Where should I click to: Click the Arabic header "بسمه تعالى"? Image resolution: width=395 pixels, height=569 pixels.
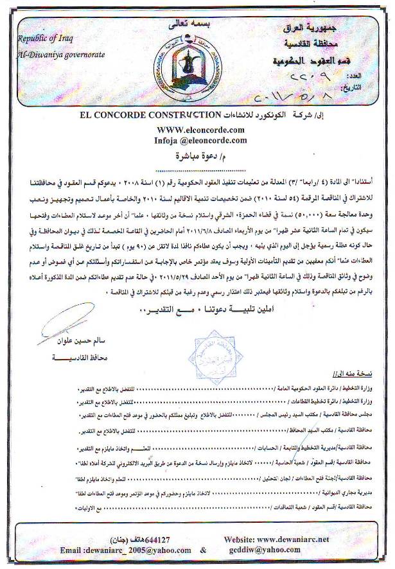[191, 25]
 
